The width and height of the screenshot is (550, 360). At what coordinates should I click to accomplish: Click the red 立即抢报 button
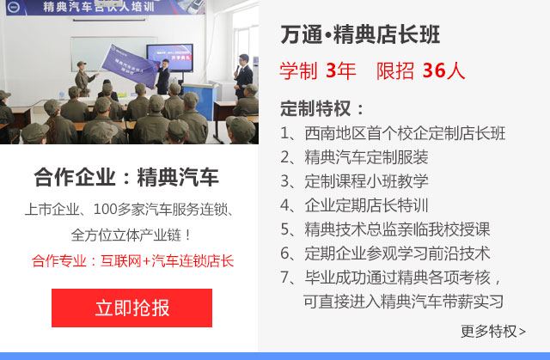pyautogui.click(x=131, y=308)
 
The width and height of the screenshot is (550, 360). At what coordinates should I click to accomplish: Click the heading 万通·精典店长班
pyautogui.click(x=360, y=34)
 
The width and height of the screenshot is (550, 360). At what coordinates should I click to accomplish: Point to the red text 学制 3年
pyautogui.click(x=318, y=70)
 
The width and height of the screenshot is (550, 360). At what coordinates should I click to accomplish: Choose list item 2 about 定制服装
pyautogui.click(x=354, y=157)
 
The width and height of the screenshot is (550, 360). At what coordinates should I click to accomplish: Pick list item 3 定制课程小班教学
pyautogui.click(x=354, y=181)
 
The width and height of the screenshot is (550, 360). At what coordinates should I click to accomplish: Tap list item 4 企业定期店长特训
pyautogui.click(x=354, y=205)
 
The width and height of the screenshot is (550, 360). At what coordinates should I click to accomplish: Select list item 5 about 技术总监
pyautogui.click(x=385, y=229)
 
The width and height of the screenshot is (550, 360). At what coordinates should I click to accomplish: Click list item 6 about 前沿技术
pyautogui.click(x=385, y=253)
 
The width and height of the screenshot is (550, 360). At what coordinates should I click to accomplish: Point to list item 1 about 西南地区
pyautogui.click(x=393, y=133)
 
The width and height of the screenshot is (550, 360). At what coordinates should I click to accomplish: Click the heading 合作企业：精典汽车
pyautogui.click(x=126, y=177)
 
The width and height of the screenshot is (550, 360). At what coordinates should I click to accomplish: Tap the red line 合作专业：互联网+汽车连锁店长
pyautogui.click(x=132, y=261)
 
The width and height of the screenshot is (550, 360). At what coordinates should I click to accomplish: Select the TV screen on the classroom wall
pyautogui.click(x=170, y=58)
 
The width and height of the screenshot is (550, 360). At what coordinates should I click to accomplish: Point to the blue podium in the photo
pyautogui.click(x=199, y=101)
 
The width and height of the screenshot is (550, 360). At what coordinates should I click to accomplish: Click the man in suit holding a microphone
pyautogui.click(x=243, y=76)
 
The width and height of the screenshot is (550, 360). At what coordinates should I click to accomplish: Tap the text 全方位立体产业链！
pyautogui.click(x=131, y=235)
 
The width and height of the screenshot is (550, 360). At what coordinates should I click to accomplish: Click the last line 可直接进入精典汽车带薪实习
pyautogui.click(x=403, y=302)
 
